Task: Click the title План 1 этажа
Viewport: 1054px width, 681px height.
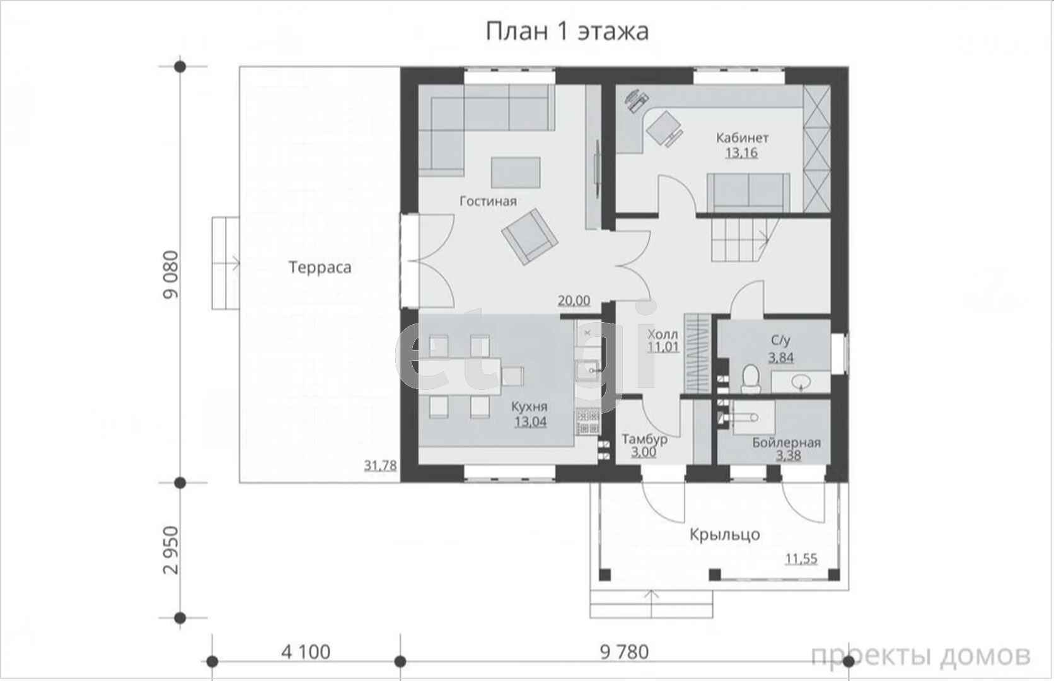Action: [x=567, y=32]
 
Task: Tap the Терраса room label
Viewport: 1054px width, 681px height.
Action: [x=320, y=267]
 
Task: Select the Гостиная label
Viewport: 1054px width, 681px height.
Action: [x=488, y=201]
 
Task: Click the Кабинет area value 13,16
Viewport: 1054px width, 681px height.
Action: [x=741, y=153]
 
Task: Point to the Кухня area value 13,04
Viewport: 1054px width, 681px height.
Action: [x=530, y=421]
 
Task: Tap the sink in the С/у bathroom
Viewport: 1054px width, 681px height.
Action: [x=801, y=381]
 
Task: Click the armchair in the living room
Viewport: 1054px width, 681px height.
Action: [x=530, y=236]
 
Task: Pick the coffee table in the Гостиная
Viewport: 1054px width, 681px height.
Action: [x=516, y=173]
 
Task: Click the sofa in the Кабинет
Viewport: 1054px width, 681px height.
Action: [x=749, y=192]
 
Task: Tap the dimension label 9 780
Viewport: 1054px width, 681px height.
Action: [x=625, y=652]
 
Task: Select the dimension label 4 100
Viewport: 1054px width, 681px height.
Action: [x=306, y=652]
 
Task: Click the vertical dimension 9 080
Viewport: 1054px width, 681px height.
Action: [x=171, y=274]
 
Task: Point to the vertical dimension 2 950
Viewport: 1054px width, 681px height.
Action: [x=171, y=550]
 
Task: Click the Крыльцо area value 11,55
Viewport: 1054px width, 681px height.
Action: [x=801, y=559]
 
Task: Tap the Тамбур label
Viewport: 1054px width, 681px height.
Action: [x=645, y=439]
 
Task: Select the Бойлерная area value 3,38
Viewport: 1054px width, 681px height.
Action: [x=788, y=455]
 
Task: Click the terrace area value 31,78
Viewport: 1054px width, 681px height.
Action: [x=380, y=465]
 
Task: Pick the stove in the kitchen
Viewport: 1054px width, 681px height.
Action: [x=588, y=422]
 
